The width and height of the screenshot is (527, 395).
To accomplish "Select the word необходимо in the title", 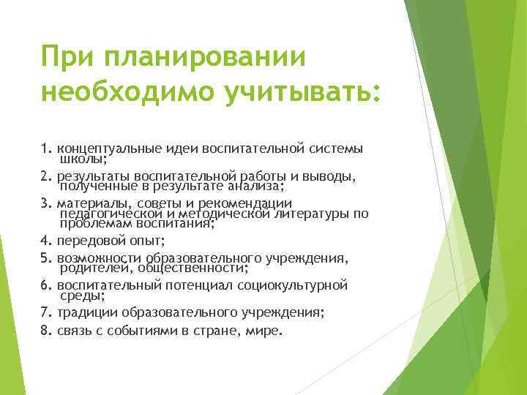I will [117, 93].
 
